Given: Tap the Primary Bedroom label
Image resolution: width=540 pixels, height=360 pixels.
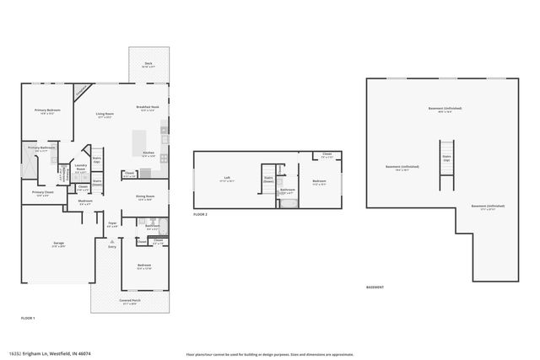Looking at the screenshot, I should (47, 111).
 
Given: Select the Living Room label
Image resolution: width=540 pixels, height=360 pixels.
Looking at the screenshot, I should (105, 115).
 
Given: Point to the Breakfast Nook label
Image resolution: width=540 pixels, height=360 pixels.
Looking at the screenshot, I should (148, 108).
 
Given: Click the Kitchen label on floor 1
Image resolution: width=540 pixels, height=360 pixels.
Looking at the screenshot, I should (148, 154).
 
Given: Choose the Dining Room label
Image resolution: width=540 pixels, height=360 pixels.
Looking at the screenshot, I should (144, 198).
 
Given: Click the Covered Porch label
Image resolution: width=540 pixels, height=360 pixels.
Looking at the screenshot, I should (130, 300).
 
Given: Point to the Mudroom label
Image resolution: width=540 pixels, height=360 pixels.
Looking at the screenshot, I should (85, 202).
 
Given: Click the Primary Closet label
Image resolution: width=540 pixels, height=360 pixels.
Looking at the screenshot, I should (43, 193).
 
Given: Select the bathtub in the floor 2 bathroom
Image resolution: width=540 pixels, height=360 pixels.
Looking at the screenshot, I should (288, 202).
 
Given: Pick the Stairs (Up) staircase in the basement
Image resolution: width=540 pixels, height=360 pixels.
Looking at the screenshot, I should (447, 160).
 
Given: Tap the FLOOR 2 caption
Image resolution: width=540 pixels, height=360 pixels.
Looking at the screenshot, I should (200, 215).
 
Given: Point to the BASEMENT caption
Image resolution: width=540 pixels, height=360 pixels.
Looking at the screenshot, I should (375, 287).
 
